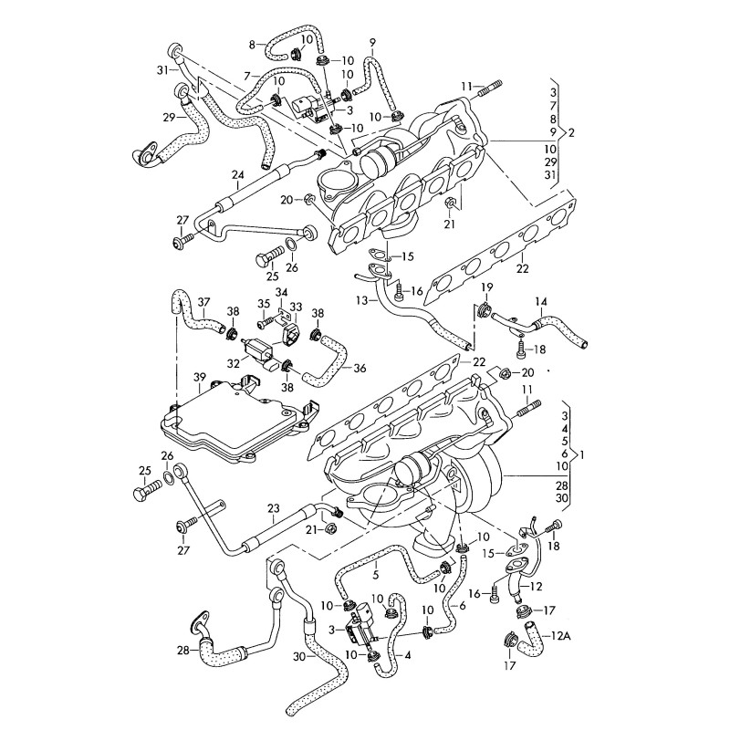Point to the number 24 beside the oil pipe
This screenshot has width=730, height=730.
237,174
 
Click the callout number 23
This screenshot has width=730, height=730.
273,508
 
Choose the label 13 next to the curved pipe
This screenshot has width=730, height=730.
362,298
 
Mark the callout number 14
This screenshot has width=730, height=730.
540,301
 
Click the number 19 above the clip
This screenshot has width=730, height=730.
486,288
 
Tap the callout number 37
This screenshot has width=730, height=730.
203,302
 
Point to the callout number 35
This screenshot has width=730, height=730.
263,304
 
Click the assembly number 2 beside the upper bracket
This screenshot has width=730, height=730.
571,133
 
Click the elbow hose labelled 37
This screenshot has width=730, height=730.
189,313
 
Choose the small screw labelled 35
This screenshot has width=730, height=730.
266,321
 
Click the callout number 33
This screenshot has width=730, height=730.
297,305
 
